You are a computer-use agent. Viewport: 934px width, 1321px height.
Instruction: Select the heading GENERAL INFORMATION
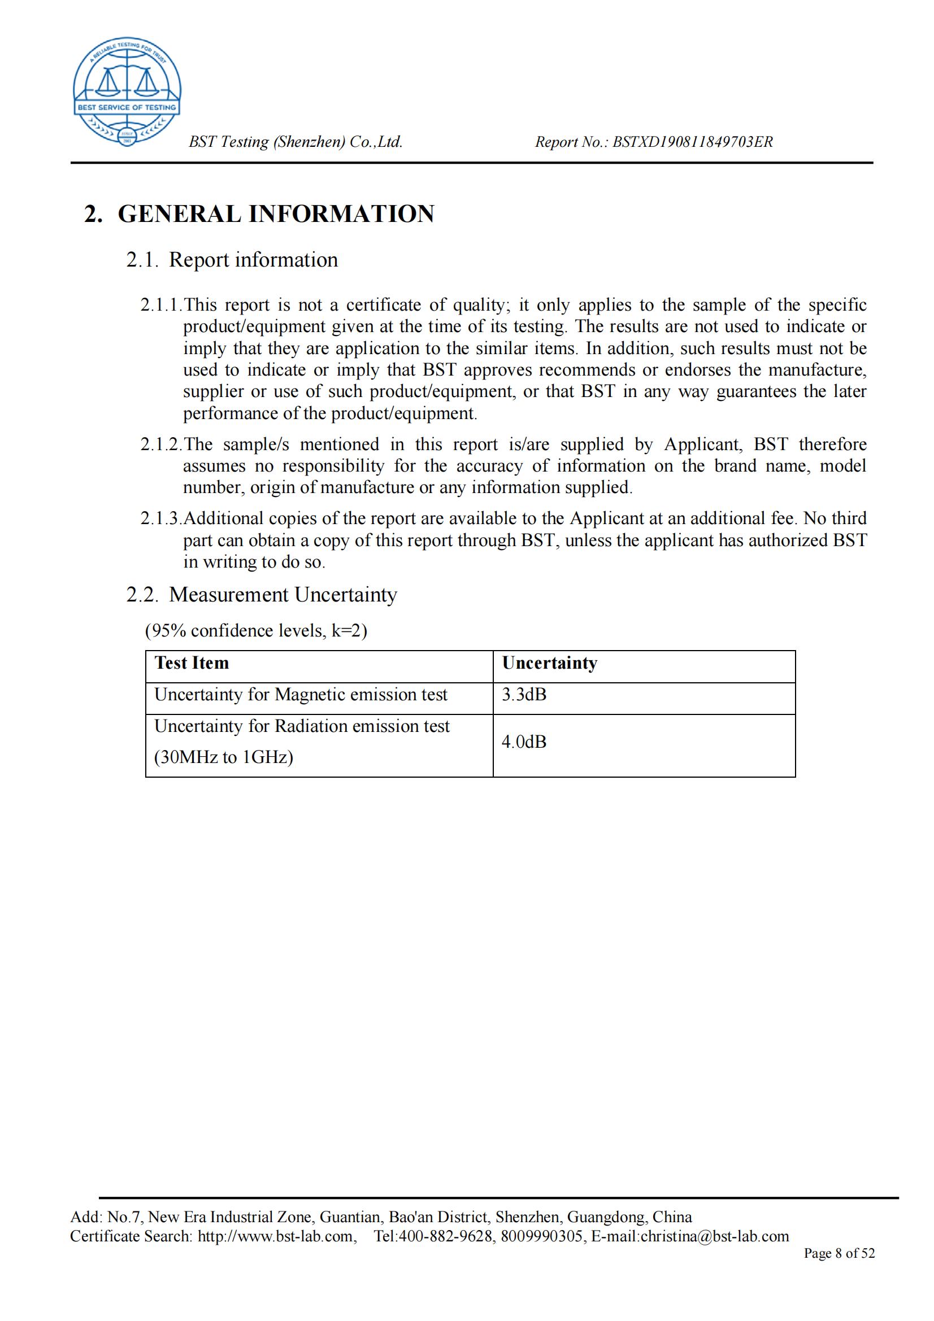pyautogui.click(x=276, y=214)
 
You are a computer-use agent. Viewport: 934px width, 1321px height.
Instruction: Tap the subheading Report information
pyautogui.click(x=253, y=260)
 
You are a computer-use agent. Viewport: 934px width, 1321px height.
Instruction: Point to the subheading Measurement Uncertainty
pyautogui.click(x=283, y=594)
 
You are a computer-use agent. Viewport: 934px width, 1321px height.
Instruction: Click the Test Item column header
pyautogui.click(x=192, y=663)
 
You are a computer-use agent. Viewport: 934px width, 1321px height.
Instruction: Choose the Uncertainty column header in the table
pyautogui.click(x=550, y=663)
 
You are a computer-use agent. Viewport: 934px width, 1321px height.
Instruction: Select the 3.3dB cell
pyautogui.click(x=524, y=695)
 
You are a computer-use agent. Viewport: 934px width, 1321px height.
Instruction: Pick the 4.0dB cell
pyautogui.click(x=524, y=742)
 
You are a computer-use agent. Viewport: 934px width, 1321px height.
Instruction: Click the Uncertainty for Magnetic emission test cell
pyautogui.click(x=301, y=695)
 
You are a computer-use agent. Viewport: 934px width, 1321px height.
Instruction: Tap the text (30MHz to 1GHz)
pyautogui.click(x=223, y=757)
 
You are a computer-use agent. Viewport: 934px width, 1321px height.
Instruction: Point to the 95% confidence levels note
pyautogui.click(x=256, y=631)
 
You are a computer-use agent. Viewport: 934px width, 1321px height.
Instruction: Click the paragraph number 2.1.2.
pyautogui.click(x=161, y=444)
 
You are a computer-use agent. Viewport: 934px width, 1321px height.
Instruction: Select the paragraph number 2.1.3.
pyautogui.click(x=161, y=519)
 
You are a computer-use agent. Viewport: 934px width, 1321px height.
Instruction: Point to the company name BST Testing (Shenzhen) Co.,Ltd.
pyautogui.click(x=295, y=142)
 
